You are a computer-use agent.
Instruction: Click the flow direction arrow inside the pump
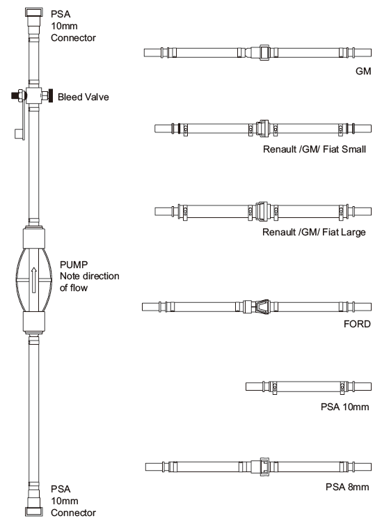33,280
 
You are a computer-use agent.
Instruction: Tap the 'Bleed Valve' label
83,97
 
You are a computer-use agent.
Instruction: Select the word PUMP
74,265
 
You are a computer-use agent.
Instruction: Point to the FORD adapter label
357,324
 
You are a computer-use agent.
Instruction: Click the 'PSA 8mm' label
347,487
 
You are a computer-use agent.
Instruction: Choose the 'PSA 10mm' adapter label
345,407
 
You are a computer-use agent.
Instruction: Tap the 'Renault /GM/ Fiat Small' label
315,149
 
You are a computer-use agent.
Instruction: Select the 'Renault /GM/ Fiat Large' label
314,232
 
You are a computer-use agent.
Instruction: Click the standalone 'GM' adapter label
363,71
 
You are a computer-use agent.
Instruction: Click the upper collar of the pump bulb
33,237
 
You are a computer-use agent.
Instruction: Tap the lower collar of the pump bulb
33,322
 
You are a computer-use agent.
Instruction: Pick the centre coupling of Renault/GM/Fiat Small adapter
262,128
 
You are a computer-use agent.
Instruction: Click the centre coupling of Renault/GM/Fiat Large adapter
262,211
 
